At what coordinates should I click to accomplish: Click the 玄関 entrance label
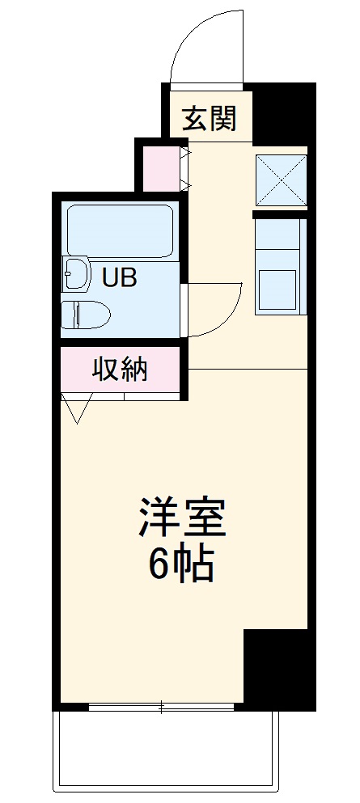tap(209, 119)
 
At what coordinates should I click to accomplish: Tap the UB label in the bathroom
tap(119, 277)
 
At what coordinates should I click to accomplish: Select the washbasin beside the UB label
tap(75, 273)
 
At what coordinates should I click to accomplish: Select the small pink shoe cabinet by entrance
tap(160, 168)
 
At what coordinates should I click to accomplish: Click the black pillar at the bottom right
tap(278, 667)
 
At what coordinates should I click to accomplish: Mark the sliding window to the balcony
tap(162, 708)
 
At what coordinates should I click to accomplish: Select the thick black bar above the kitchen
tap(281, 214)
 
